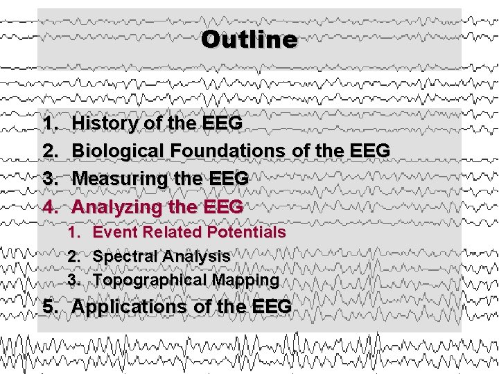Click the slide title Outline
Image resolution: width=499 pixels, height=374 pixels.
pos(249,39)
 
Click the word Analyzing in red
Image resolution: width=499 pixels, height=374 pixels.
pos(114,206)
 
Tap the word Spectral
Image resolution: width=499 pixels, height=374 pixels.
pos(121,256)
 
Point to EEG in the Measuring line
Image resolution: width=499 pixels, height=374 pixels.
pos(227,178)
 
